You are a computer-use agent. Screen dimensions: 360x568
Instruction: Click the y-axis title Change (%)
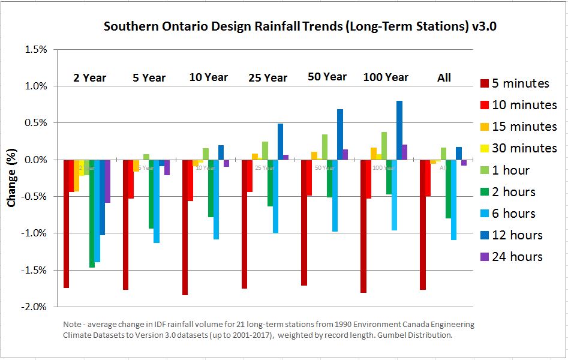pos(11,177)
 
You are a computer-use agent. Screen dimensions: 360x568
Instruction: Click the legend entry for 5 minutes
pos(520,83)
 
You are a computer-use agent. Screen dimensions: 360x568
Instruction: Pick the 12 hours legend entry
pos(517,235)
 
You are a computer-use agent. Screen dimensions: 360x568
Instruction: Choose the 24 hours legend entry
pos(517,257)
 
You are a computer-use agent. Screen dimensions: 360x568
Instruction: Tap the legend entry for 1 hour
pos(510,170)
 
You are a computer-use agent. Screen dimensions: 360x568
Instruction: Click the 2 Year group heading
pos(89,78)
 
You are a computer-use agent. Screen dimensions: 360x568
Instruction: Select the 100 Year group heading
pos(386,77)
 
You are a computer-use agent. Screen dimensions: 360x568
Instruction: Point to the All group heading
pos(444,78)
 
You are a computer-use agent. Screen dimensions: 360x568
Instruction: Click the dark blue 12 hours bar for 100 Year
pos(399,130)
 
